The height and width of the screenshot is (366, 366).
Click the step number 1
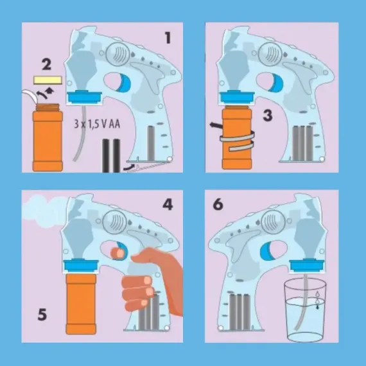point(168,38)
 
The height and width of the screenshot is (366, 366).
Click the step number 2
point(46,64)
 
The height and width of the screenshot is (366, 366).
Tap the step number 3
point(268,116)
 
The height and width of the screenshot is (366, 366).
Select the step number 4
point(168,205)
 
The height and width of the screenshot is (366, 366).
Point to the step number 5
point(42,315)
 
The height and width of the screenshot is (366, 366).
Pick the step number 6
point(218,204)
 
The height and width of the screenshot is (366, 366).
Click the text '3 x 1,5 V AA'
point(97,124)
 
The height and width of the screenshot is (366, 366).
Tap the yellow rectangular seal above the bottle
point(48,80)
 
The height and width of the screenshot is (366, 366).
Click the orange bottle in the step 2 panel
point(48,137)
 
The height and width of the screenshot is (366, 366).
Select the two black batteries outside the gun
point(111,155)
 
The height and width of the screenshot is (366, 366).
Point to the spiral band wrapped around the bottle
point(238,140)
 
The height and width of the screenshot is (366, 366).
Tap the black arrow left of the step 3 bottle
point(216,125)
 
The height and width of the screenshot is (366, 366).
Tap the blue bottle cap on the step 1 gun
point(85,96)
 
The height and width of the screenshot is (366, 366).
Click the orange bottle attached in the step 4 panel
point(81,304)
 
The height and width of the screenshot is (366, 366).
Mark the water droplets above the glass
point(317,300)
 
